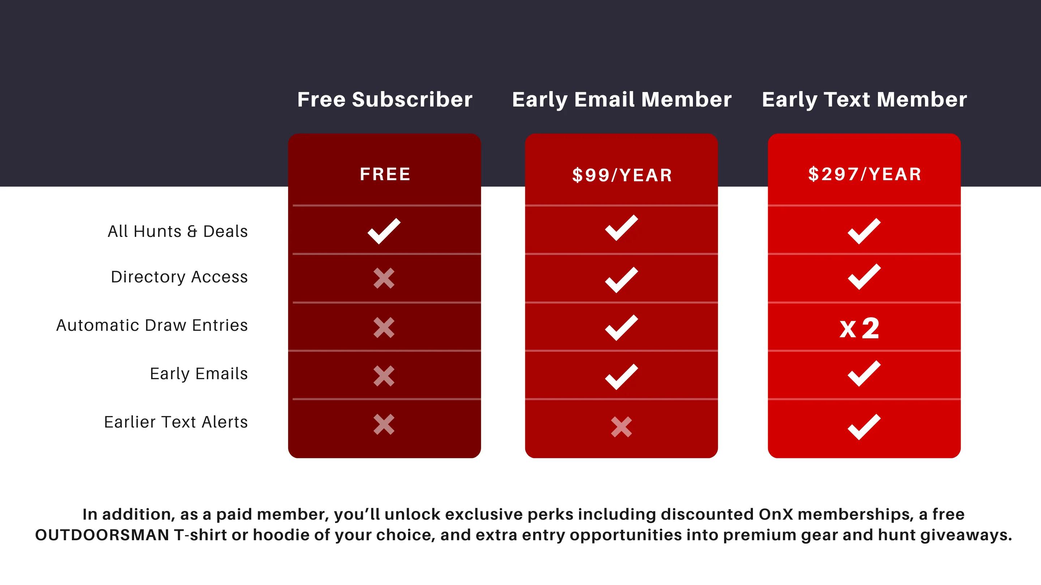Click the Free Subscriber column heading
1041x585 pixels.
click(x=385, y=99)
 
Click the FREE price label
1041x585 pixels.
click(x=385, y=174)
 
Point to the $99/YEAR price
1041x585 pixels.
click(x=622, y=175)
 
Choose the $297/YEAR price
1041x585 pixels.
click(x=864, y=174)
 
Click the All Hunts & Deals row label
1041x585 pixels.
click(x=178, y=231)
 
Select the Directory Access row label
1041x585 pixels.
click(x=179, y=277)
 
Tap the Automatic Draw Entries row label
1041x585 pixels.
click(x=152, y=325)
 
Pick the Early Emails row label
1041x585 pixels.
click(x=199, y=374)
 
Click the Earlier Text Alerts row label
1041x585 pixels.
click(x=176, y=422)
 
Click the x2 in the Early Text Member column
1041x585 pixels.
click(x=859, y=328)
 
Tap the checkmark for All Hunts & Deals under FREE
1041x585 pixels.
click(x=384, y=231)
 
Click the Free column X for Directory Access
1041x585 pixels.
click(x=384, y=278)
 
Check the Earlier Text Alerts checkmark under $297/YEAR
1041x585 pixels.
click(x=864, y=427)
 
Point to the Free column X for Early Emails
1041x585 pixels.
click(x=384, y=376)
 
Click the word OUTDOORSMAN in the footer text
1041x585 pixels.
click(x=102, y=535)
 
